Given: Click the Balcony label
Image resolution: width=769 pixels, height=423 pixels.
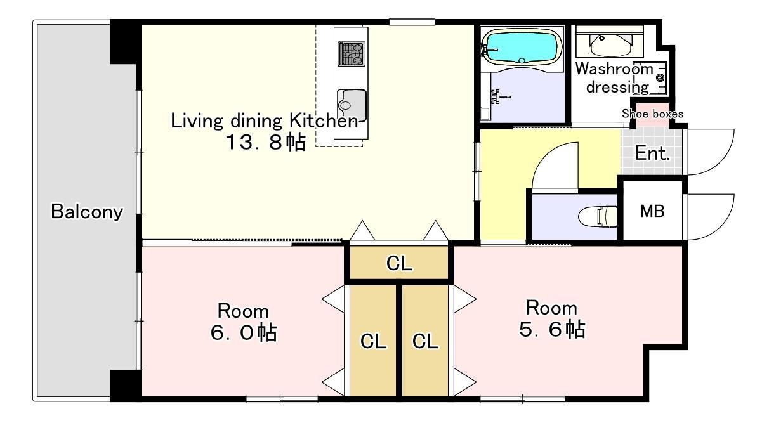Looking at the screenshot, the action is pos(87,212).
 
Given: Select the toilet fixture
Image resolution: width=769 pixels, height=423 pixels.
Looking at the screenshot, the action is pos(598,216).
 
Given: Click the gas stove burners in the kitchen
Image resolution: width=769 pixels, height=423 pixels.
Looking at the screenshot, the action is pos(352,53).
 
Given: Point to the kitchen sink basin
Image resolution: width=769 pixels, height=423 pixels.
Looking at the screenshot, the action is pos(352,105).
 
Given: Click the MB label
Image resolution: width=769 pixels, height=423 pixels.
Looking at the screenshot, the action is pos(652,211).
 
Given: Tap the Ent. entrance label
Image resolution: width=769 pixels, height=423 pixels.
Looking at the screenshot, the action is pos(652,153).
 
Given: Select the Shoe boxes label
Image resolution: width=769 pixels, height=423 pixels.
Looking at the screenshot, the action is pos(652,114).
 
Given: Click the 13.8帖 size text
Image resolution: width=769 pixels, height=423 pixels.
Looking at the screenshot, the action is pos(265,142).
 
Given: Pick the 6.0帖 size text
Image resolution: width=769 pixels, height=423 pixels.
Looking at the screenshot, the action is pos(244,332).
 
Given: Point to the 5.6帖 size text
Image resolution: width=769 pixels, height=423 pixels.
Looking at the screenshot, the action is pos(552,329).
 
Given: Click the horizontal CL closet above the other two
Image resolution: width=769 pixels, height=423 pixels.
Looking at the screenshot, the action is pos(399,263).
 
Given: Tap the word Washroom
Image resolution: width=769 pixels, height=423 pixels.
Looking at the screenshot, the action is pos(614,68).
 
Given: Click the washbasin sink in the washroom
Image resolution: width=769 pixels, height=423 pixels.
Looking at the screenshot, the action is pos(610,44).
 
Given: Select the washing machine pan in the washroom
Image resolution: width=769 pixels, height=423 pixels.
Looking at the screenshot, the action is pos(650,78).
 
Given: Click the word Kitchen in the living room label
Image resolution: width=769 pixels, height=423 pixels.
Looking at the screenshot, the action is pos(323,120).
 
